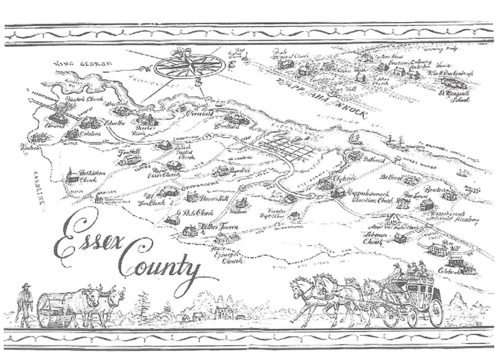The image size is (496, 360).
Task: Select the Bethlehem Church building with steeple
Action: [x=71, y=176]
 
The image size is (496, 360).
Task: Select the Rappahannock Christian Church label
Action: [x=370, y=196]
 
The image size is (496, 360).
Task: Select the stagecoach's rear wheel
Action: [x=435, y=312]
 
